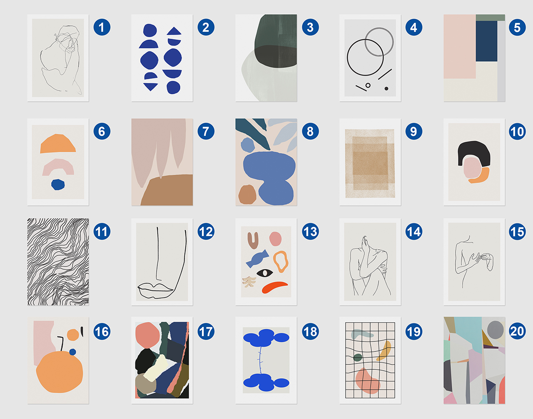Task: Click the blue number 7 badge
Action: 206,131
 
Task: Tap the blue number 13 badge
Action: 310,231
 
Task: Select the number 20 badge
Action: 517,331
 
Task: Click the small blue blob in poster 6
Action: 58,185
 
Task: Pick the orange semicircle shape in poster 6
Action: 58,143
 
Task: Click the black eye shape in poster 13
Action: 265,273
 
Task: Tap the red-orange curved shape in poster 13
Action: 275,287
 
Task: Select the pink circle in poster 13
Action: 275,239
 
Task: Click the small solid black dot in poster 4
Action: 386,89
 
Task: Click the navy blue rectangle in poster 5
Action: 486,41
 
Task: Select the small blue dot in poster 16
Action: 72,352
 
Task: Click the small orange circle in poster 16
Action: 73,335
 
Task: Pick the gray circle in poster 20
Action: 495,330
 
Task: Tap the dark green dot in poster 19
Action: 358,357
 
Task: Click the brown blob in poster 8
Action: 247,194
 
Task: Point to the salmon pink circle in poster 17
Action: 147,335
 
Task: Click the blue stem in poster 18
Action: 260,360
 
